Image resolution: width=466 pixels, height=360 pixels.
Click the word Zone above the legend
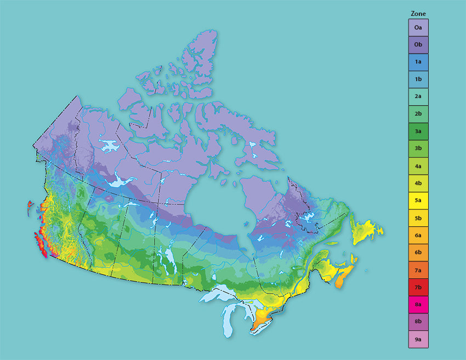[x=418, y=14]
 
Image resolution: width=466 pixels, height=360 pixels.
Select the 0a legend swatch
[x=418, y=27]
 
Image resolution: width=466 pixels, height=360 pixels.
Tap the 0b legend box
[x=418, y=44]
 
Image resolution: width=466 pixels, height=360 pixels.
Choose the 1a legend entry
[x=418, y=62]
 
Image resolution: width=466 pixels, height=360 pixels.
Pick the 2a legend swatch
[x=418, y=96]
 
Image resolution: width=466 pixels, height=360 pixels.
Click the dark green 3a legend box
[x=418, y=132]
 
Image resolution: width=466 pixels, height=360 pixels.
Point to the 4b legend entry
[x=418, y=184]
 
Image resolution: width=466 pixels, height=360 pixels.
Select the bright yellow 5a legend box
[x=418, y=201]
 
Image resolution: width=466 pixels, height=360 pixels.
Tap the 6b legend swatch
[x=418, y=253]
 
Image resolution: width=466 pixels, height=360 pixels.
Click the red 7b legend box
[x=418, y=287]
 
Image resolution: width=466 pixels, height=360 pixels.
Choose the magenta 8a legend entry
[x=418, y=305]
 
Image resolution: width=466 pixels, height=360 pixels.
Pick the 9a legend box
[x=418, y=340]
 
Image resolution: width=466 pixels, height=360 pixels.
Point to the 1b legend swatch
[x=418, y=79]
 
